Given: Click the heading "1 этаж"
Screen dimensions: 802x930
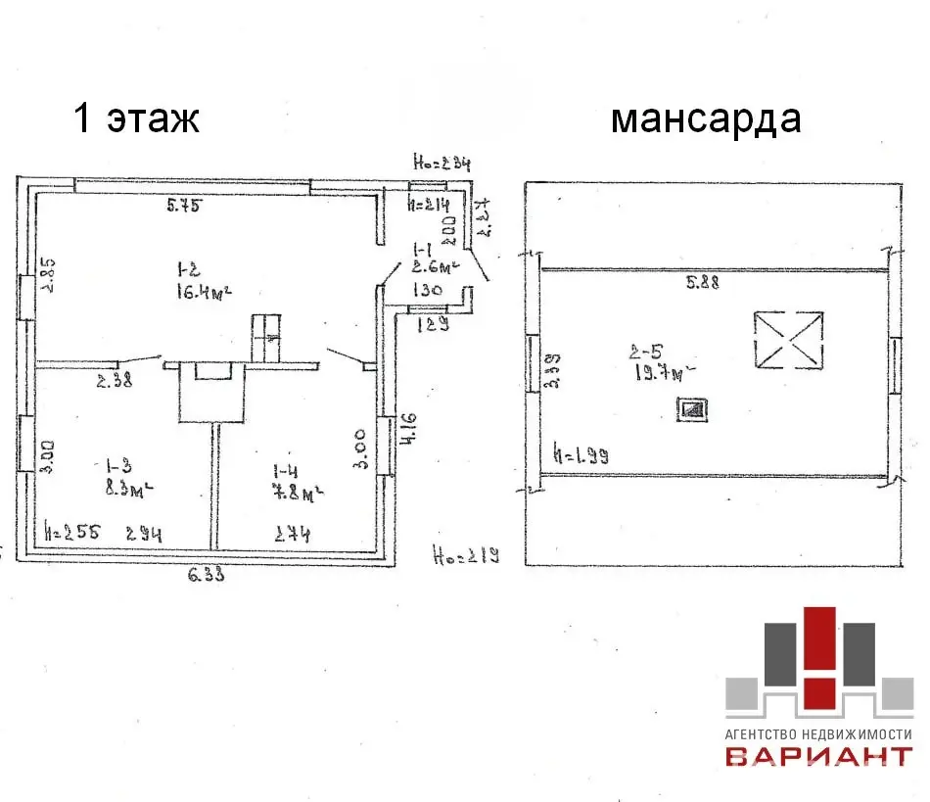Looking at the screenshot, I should (x=137, y=118).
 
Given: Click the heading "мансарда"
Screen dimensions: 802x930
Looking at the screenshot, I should (x=705, y=118).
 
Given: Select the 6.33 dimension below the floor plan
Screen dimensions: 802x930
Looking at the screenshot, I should (x=206, y=576).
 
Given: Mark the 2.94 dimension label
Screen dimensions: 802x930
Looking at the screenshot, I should (x=142, y=534).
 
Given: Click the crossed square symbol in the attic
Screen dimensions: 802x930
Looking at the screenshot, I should (x=789, y=340).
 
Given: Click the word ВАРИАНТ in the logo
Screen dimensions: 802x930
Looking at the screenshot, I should (x=817, y=756).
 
